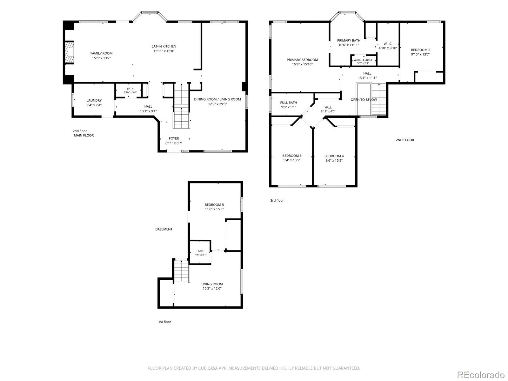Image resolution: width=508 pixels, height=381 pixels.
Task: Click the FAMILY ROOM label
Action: click(x=101, y=53)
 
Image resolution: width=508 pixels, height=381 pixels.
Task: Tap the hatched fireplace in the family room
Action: click(x=69, y=52)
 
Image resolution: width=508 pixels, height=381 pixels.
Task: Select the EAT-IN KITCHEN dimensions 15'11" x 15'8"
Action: click(x=164, y=51)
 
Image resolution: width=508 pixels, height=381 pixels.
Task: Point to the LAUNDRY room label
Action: click(x=94, y=100)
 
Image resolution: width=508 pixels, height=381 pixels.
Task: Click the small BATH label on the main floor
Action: click(x=130, y=89)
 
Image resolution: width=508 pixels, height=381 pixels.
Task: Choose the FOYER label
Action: click(x=174, y=138)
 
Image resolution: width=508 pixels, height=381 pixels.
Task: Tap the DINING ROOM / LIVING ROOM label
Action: click(x=217, y=99)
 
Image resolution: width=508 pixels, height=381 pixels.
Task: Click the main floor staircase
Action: click(x=181, y=106)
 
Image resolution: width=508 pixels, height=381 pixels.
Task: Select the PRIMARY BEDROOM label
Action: click(x=302, y=60)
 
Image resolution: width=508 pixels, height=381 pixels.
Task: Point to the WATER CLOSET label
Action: click(x=363, y=60)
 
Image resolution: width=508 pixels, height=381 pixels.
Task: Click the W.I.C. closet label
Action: click(x=388, y=44)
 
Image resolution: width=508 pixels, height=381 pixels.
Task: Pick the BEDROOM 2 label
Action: click(x=420, y=50)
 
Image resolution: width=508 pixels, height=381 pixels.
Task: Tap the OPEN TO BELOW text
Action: click(x=364, y=100)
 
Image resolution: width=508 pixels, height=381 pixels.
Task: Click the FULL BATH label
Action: click(x=289, y=103)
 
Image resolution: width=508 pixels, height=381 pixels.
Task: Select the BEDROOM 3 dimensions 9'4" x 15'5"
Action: click(x=292, y=160)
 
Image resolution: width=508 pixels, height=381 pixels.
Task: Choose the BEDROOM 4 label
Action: click(x=334, y=156)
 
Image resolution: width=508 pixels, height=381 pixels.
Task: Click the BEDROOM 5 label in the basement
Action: click(x=214, y=204)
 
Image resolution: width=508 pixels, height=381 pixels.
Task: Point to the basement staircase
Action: click(x=182, y=271)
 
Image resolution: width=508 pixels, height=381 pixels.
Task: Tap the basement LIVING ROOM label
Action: click(x=212, y=284)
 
